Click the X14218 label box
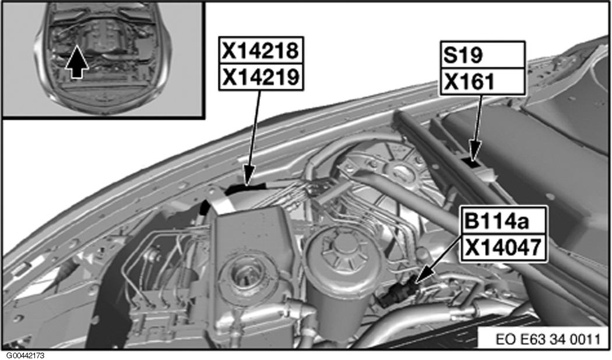(261, 51)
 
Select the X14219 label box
(261, 77)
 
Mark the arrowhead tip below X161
(473, 158)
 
